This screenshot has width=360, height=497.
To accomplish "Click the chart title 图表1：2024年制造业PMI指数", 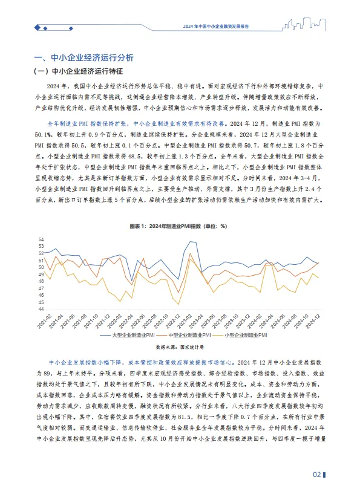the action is pyautogui.click(x=178, y=226).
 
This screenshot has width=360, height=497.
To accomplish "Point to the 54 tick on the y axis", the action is pyautogui.click(x=41, y=239).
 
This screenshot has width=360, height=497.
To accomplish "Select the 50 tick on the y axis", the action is pyautogui.click(x=41, y=267).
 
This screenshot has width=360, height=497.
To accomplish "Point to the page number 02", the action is pyautogui.click(x=316, y=474).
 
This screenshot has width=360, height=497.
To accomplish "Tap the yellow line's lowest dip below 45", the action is pyautogui.click(x=178, y=304).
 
